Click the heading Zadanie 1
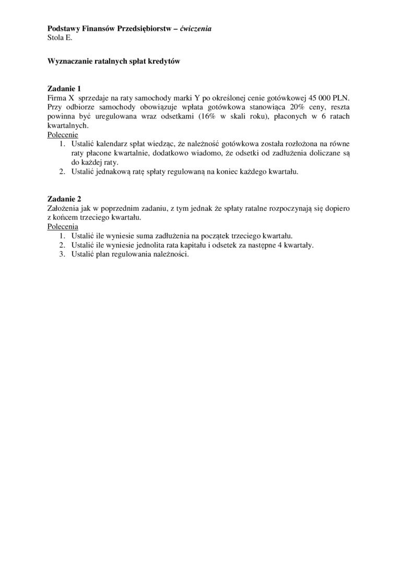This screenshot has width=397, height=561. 64,88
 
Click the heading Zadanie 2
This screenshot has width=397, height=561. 64,199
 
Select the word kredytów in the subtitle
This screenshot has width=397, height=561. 165,61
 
